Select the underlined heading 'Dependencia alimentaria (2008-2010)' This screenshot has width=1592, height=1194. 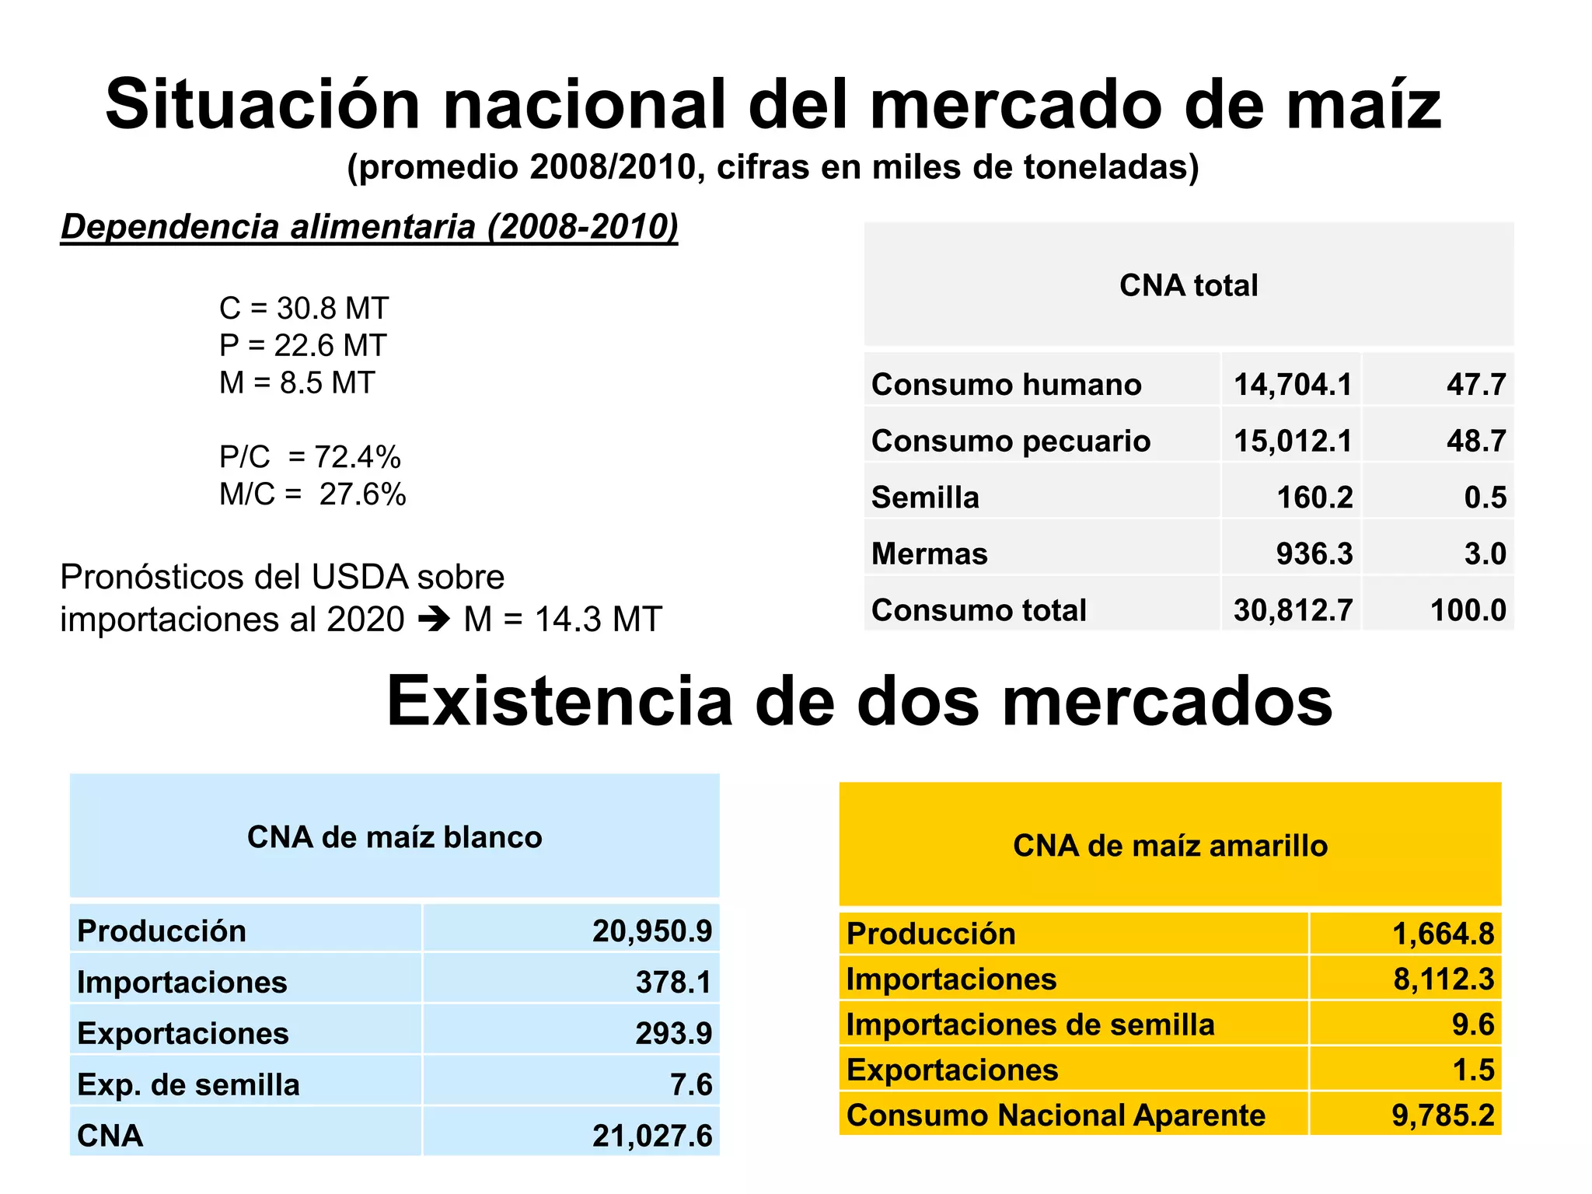tap(369, 227)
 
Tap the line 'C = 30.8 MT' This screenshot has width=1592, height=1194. tap(303, 309)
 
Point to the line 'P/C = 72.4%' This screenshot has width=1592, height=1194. tap(309, 457)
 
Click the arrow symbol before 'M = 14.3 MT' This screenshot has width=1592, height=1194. tap(434, 620)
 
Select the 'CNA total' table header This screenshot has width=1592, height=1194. tap(1188, 285)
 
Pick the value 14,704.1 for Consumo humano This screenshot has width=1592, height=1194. tap(1292, 385)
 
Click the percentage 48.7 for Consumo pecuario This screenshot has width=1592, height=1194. tap(1475, 441)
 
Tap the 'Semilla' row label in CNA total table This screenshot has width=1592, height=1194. tap(925, 497)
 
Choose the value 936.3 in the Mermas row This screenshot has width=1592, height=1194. tap(1314, 554)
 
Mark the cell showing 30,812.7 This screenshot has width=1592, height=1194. tap(1293, 610)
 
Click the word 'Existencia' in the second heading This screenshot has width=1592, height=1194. tap(559, 701)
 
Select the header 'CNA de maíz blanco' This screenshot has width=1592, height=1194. tap(394, 837)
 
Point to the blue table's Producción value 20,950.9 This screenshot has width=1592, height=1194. tap(651, 930)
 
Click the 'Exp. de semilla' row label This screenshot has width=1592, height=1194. tap(188, 1084)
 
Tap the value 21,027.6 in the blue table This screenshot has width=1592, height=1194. tap(651, 1136)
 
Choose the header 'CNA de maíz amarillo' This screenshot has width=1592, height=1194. tap(1170, 846)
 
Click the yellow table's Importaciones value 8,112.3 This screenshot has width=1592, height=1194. tap(1443, 979)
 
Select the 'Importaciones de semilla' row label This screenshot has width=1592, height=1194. tap(1030, 1025)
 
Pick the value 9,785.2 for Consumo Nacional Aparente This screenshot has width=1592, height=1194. tap(1442, 1115)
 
